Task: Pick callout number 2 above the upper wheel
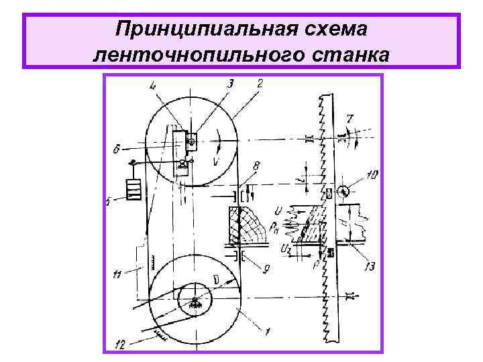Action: pyautogui.click(x=259, y=83)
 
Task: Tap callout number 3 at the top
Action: pyautogui.click(x=230, y=83)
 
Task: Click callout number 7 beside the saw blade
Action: pyautogui.click(x=349, y=119)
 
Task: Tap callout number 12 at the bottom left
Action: pyautogui.click(x=119, y=345)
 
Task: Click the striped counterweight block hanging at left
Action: pyautogui.click(x=134, y=188)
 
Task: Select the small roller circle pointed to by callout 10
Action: pyautogui.click(x=344, y=190)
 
